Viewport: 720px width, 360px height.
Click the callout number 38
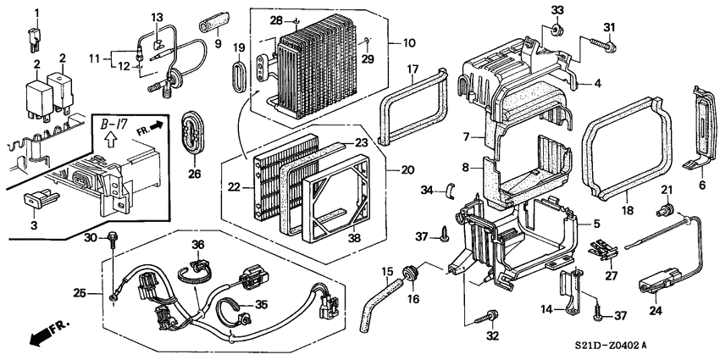coord(355,238)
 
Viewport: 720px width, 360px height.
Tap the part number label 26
coord(194,175)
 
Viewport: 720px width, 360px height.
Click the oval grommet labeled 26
coord(194,131)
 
